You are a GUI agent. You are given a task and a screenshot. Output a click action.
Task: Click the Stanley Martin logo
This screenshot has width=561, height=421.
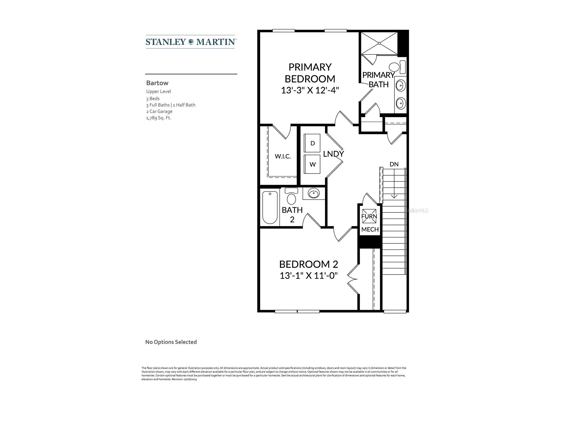click(191, 42)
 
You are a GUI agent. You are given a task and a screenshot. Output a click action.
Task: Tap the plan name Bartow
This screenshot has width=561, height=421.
click(157, 83)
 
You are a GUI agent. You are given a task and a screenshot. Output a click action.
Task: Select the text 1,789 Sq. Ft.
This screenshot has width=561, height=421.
click(158, 118)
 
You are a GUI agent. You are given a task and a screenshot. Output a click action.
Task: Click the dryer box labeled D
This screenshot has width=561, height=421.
click(312, 143)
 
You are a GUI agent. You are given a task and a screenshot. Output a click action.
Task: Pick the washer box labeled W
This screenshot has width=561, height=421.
click(312, 164)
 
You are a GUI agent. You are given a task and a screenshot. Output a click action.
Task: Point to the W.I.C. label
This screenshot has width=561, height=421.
click(283, 156)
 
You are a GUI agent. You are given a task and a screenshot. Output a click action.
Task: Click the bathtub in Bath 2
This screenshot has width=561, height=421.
click(270, 208)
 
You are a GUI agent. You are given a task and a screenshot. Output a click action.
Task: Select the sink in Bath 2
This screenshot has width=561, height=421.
click(314, 194)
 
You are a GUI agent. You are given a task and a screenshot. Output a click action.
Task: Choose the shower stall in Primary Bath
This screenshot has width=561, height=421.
click(379, 43)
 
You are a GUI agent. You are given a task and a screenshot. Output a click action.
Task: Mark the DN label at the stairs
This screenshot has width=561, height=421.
click(394, 164)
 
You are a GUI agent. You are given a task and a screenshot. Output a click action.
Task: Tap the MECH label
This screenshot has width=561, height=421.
click(370, 229)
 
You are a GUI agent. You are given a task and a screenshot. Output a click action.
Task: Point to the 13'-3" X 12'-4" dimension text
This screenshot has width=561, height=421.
click(310, 90)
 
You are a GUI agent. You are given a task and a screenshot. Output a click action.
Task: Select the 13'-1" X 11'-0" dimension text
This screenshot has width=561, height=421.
click(309, 276)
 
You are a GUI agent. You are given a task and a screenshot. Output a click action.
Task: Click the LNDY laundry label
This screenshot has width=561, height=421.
click(333, 154)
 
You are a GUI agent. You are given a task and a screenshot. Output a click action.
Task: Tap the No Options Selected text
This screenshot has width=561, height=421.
click(171, 342)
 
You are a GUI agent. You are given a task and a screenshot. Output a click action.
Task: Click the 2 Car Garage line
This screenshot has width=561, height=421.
click(159, 111)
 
